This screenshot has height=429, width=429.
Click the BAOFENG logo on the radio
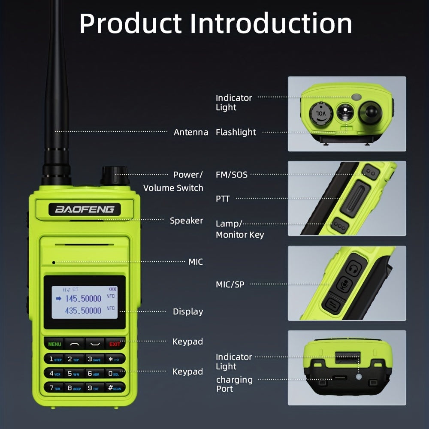point(85,209)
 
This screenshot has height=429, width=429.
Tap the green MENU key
point(54,344)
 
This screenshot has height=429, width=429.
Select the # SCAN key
point(115,388)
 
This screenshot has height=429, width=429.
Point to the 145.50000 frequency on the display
point(83,298)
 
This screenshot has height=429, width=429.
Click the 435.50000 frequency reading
point(83,310)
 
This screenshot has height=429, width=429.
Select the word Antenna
point(191,132)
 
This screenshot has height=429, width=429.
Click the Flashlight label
point(236,132)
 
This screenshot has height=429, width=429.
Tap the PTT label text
point(223,199)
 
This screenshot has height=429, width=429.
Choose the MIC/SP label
point(230,284)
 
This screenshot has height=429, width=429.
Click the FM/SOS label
point(232,175)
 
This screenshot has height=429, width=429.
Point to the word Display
point(188,311)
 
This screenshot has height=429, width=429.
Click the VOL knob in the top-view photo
point(320,113)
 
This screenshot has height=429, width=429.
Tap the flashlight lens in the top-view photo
point(344,113)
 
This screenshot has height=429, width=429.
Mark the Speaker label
point(186,221)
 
